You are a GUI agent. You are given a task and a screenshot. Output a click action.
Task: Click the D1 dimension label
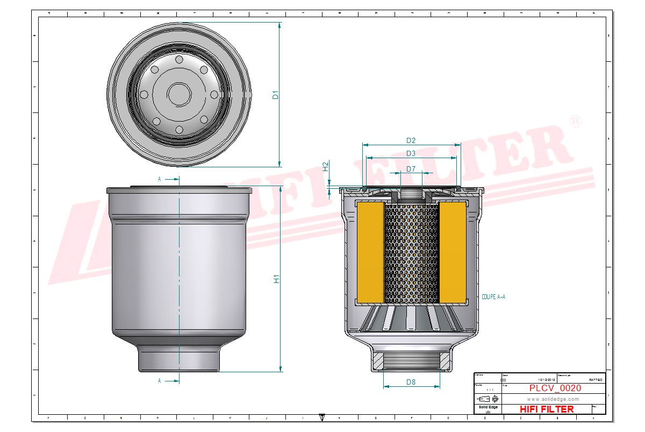click(x=276, y=95)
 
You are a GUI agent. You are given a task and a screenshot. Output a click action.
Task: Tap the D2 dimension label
click(x=411, y=140)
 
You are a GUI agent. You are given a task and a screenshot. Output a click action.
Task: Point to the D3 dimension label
click(x=411, y=153)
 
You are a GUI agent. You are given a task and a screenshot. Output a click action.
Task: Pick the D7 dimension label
click(x=411, y=169)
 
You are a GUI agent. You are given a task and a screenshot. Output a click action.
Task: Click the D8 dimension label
click(x=411, y=382)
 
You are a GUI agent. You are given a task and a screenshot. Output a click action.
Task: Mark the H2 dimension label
click(x=325, y=166)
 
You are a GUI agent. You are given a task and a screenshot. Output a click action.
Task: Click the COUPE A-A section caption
click(x=493, y=296)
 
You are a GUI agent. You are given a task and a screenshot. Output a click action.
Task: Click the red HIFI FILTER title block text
click(x=547, y=409)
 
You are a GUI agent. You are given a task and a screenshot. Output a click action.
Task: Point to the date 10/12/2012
click(x=546, y=380)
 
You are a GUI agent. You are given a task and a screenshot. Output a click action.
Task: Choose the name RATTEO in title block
click(x=595, y=380)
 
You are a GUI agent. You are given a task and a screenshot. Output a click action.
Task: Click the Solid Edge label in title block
click(x=488, y=407)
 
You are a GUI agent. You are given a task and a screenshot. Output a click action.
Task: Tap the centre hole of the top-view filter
click(x=179, y=95)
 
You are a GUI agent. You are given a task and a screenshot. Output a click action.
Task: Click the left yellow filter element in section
click(x=370, y=252)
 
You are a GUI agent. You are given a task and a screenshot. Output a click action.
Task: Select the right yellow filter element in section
click(x=453, y=252)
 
